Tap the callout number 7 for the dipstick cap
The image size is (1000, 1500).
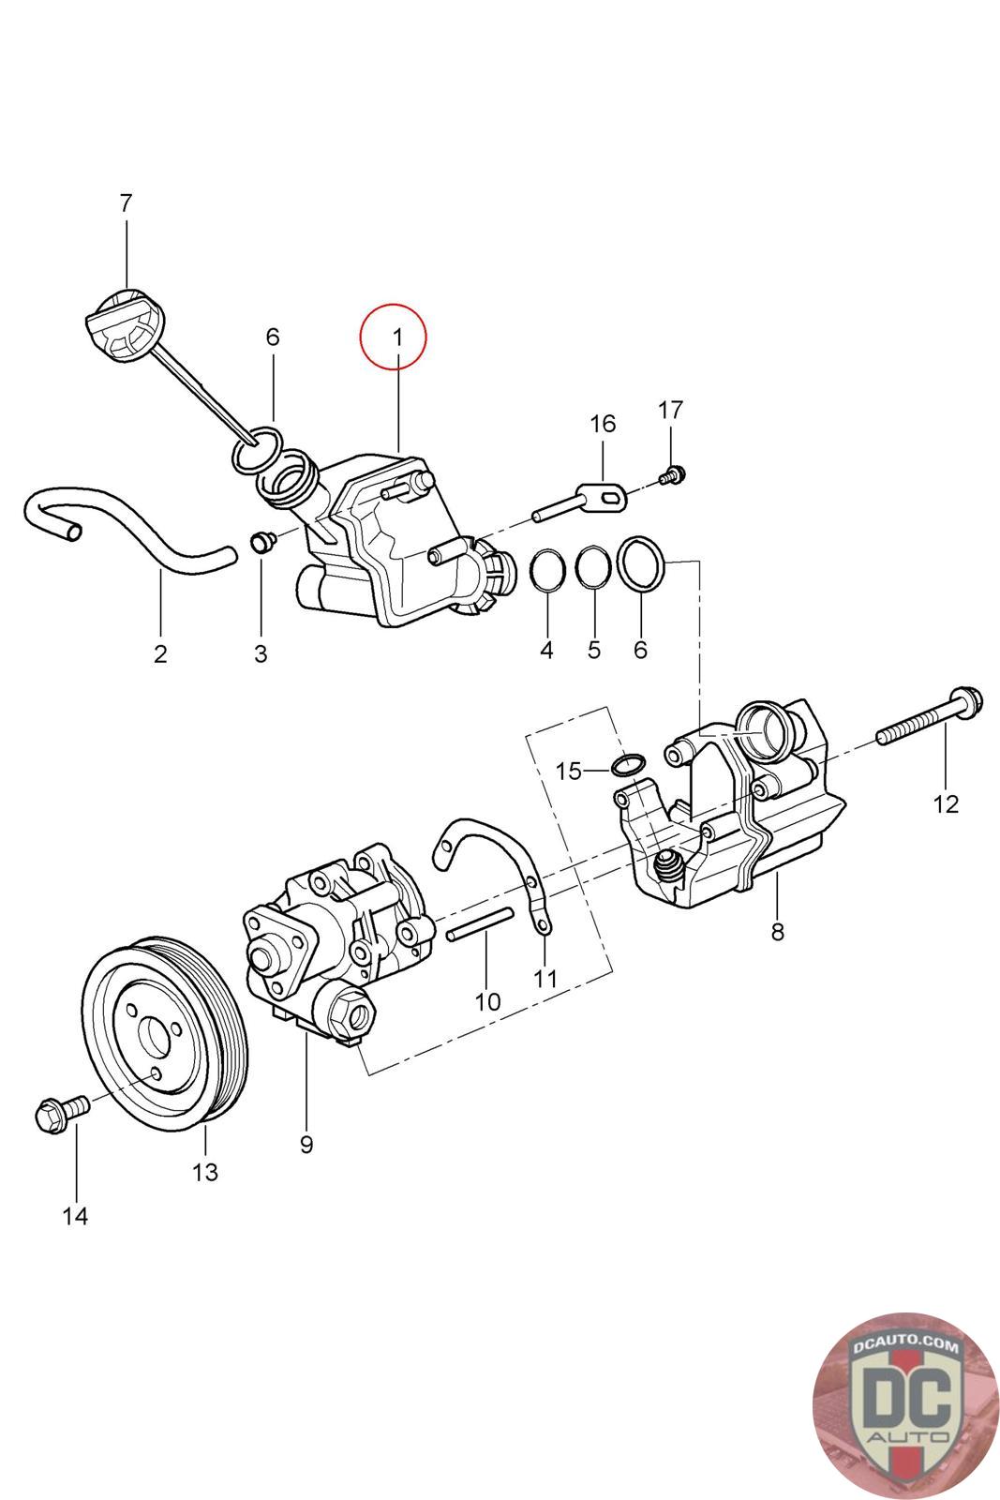click(x=126, y=202)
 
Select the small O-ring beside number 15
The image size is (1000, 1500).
click(x=628, y=765)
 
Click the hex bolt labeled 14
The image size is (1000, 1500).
click(x=58, y=1112)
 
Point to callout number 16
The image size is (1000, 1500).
click(x=603, y=424)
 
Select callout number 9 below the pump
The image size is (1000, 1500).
click(x=306, y=1145)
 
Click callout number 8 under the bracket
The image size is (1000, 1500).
click(x=777, y=932)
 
